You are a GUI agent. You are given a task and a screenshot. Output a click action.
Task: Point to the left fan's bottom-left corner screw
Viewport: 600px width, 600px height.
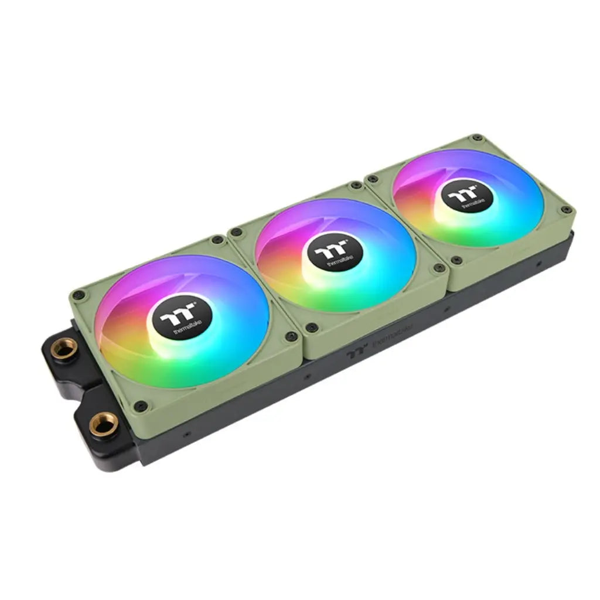click(140, 405)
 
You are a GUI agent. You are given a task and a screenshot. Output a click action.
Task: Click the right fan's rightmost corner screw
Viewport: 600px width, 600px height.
click(565, 209)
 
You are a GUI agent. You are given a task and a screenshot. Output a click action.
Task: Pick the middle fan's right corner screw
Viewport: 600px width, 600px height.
click(438, 268)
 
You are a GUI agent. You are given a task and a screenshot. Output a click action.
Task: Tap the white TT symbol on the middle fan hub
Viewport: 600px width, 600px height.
click(332, 252)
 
